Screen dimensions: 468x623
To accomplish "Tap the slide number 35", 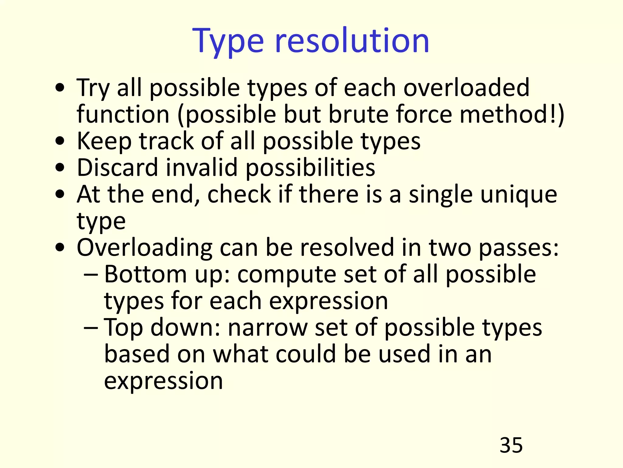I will coord(511,445).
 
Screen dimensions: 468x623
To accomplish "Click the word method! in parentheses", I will coord(511,114).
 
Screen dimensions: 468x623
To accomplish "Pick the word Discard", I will coord(117,167).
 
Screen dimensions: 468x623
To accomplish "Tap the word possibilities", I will coord(310,168).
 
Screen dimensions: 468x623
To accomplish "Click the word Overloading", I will coord(144,248).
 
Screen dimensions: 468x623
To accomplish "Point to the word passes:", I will coord(519,248).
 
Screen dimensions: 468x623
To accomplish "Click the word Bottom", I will coord(145,274).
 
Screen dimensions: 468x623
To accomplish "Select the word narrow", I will coord(267,328).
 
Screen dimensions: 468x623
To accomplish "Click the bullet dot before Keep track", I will coord(60,141).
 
